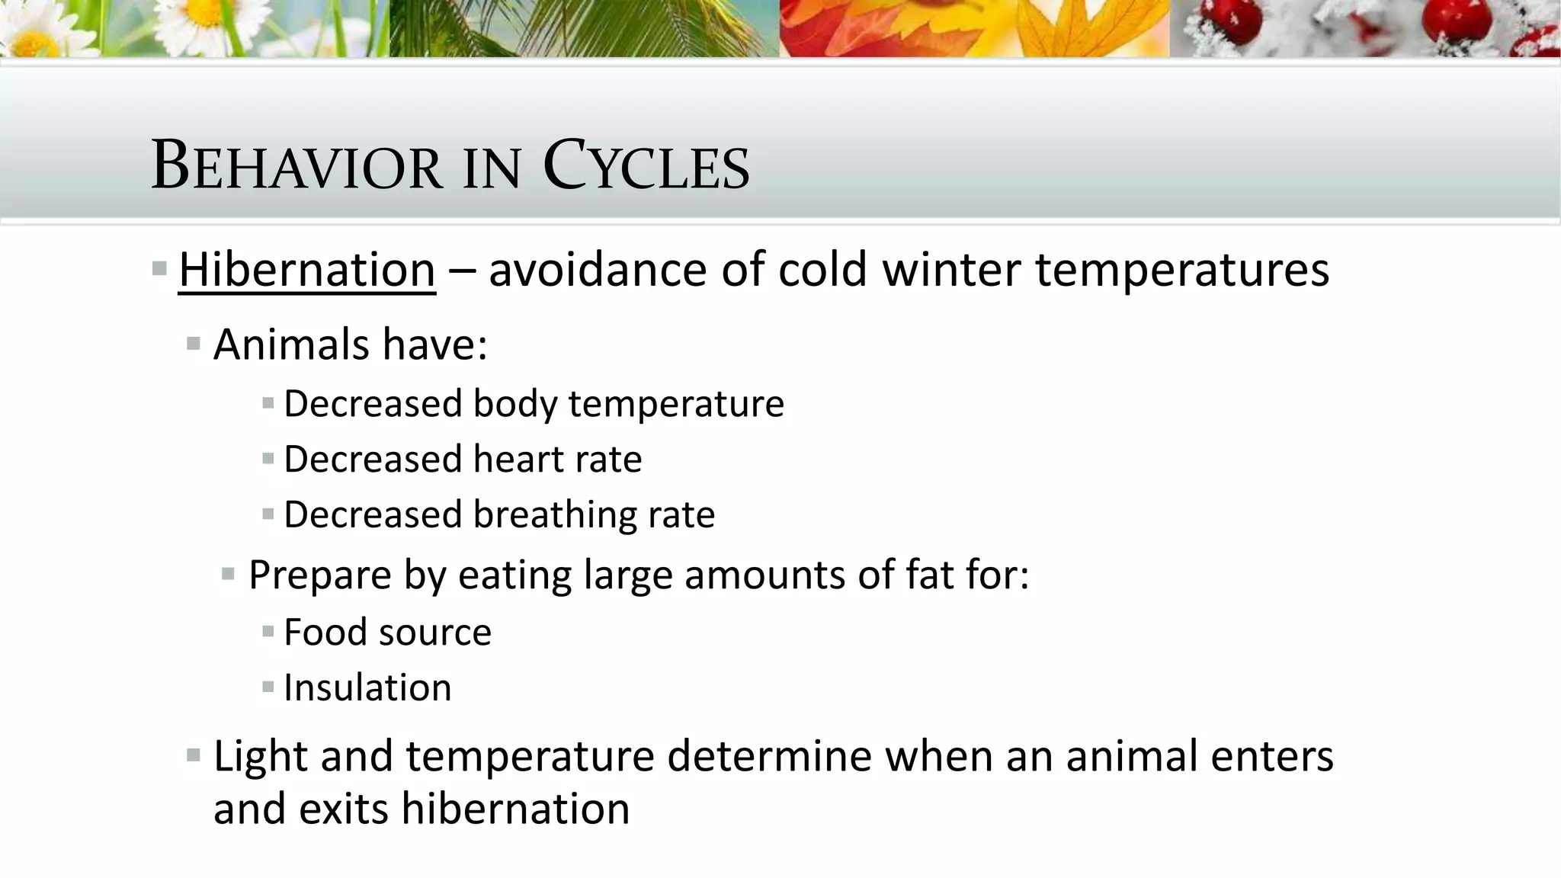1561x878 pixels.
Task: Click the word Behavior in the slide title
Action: [x=296, y=165]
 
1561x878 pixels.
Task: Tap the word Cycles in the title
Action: [x=646, y=165]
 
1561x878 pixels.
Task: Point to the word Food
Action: [x=325, y=632]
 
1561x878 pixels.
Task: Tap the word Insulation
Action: [x=367, y=687]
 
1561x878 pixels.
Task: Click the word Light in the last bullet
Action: [x=260, y=756]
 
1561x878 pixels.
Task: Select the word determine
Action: [x=769, y=756]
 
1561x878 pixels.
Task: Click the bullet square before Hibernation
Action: [x=159, y=268]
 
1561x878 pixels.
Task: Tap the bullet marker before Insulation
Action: [x=268, y=687]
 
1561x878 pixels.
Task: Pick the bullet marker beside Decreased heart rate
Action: [x=268, y=459]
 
